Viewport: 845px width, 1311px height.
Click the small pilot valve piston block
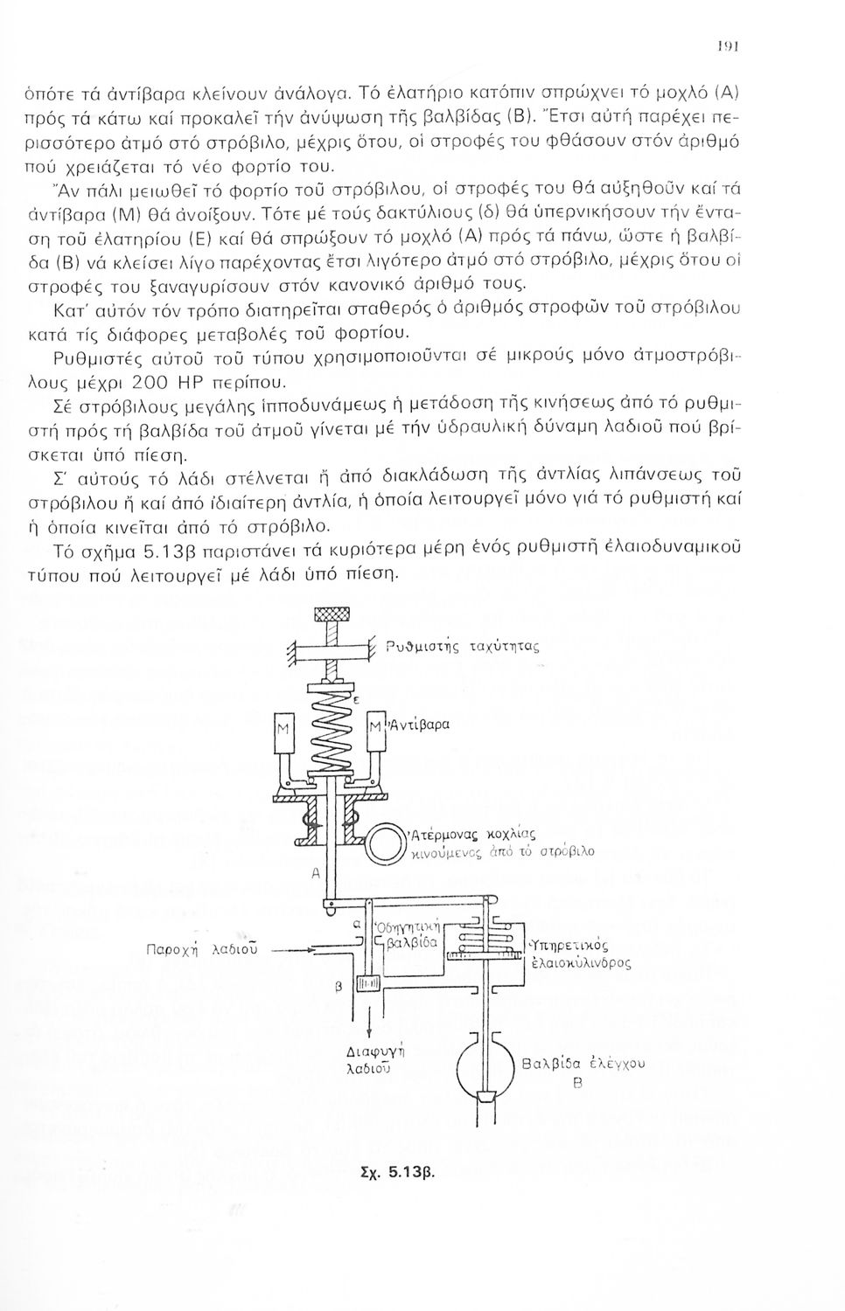(368, 984)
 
